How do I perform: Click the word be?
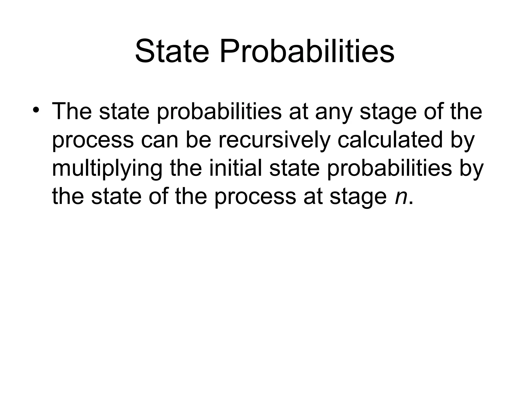point(198,140)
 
